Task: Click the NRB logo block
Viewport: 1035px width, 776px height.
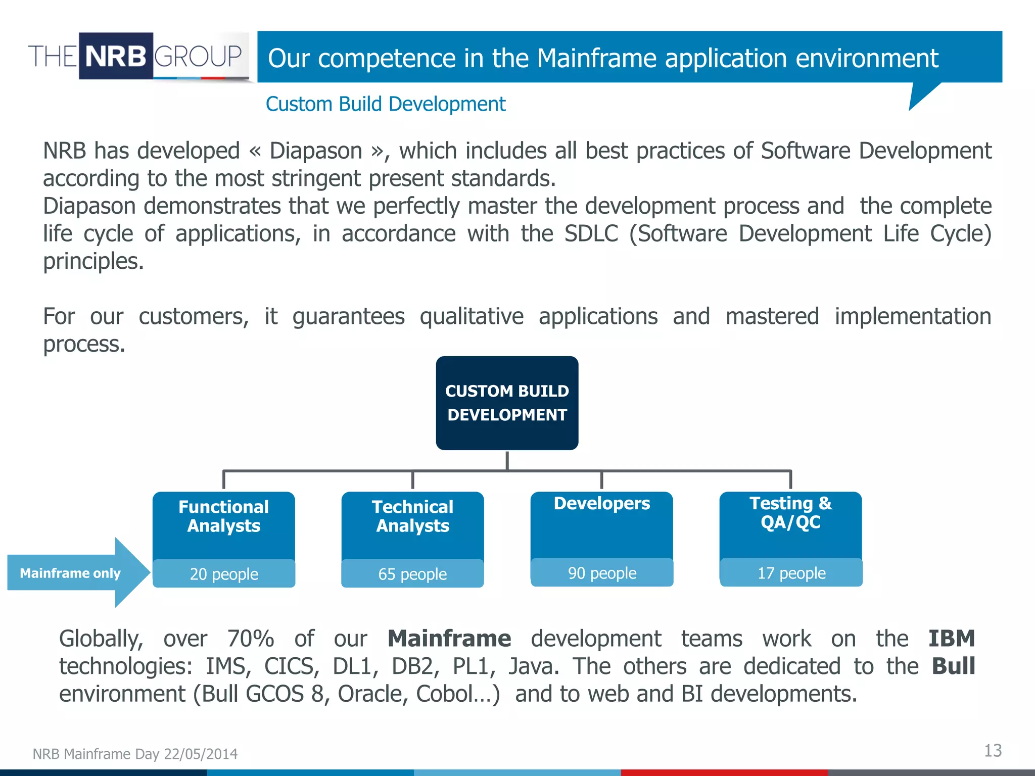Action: (x=116, y=56)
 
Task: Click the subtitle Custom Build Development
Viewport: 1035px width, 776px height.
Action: (x=385, y=104)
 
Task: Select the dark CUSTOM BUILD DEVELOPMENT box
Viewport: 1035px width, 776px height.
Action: (x=507, y=403)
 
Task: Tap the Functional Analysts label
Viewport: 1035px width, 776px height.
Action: (x=223, y=516)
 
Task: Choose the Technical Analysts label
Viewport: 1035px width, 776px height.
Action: (x=412, y=516)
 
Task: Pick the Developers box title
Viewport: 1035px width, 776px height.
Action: (x=601, y=504)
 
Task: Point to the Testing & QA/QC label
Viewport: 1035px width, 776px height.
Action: (x=790, y=512)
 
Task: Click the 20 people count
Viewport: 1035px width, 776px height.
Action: (x=224, y=574)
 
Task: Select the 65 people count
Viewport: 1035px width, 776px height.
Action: (x=412, y=574)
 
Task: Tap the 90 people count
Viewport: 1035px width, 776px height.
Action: (x=602, y=573)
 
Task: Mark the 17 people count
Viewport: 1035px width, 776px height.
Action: (x=791, y=573)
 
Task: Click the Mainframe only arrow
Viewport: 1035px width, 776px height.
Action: (x=71, y=573)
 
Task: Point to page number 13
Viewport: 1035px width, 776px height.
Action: (x=993, y=751)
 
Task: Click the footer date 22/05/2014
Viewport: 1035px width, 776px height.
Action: (x=201, y=754)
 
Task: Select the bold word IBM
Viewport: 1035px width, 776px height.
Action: (x=952, y=639)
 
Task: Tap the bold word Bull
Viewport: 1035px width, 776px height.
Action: (x=953, y=666)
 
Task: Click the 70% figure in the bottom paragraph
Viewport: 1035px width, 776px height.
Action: (x=251, y=639)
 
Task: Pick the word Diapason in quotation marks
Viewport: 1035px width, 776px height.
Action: (x=316, y=151)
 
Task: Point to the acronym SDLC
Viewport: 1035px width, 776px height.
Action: (x=591, y=234)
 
